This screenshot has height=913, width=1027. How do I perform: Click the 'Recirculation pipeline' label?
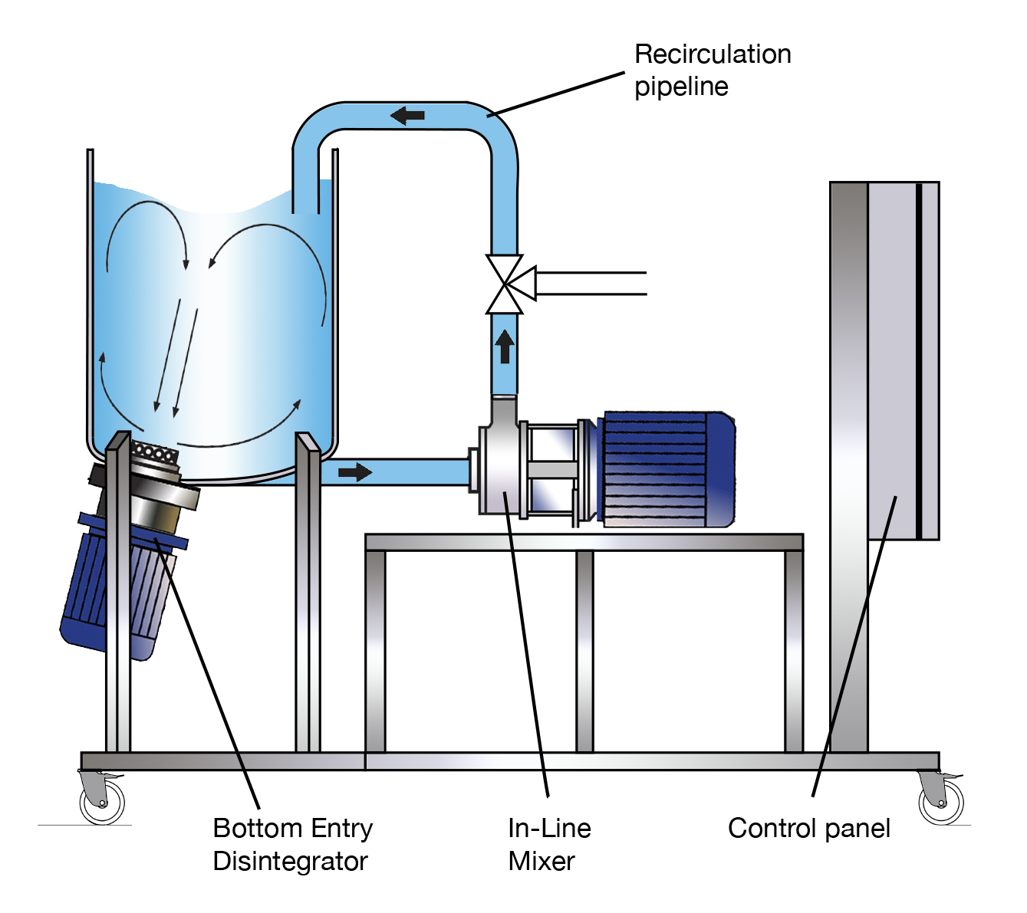pos(712,70)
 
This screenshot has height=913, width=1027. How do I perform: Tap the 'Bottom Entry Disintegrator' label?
pos(292,844)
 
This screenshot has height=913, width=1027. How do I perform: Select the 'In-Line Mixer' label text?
pos(548,844)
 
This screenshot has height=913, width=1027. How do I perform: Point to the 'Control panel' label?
pos(808,828)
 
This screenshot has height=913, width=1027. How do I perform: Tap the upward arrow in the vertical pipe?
pos(504,346)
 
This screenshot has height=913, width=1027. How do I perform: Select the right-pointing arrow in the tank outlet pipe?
pos(354,471)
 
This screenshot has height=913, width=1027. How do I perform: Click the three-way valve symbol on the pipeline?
pos(505,284)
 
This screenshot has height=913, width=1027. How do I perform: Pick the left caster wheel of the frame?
pos(102,799)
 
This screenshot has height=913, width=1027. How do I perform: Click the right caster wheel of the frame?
pos(941,799)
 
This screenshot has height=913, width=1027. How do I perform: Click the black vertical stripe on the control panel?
pos(918,360)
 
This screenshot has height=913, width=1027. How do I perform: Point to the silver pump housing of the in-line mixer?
pos(499,468)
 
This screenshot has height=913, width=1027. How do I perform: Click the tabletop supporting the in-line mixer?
pos(584,542)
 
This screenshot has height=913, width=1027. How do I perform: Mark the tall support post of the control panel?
pos(848,468)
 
